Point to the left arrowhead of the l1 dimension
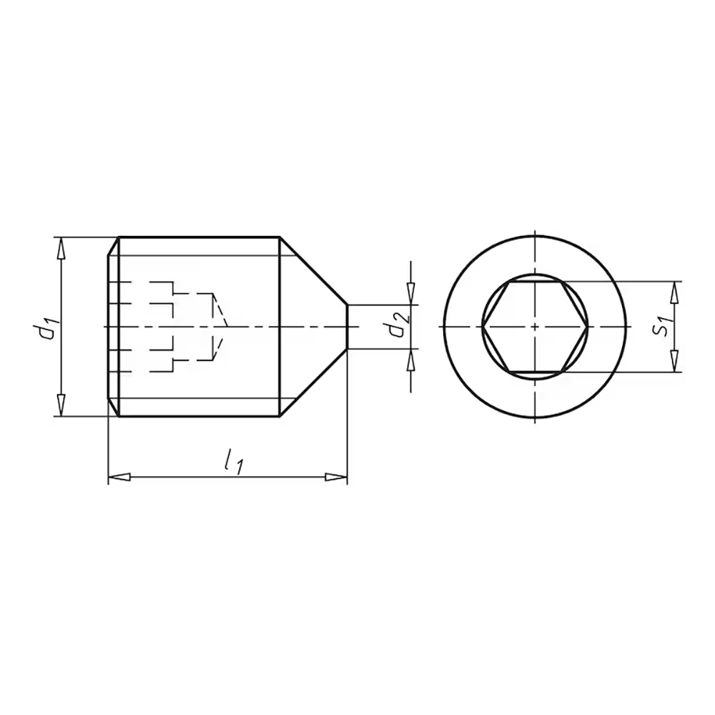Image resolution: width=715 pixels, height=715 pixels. click(119, 478)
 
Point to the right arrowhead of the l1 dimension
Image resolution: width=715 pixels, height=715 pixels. click(337, 478)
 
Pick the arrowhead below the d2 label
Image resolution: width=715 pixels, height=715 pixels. click(411, 360)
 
